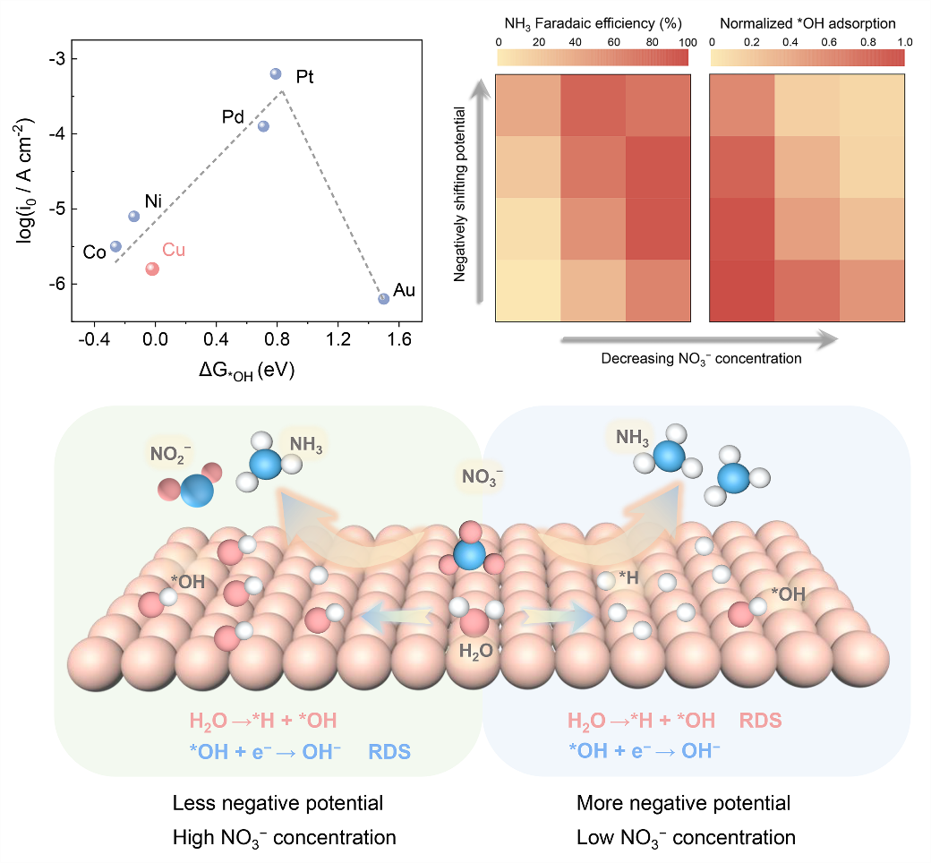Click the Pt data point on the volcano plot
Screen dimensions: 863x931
tap(276, 73)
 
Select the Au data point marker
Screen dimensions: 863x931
tap(383, 298)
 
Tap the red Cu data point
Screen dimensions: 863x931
tap(152, 269)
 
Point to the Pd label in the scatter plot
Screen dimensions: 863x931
tap(234, 117)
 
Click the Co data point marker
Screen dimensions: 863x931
tap(115, 246)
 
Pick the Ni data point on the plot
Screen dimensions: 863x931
tap(134, 216)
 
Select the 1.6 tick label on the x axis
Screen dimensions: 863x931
tap(398, 340)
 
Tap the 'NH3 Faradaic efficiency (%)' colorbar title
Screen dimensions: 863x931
tap(592, 24)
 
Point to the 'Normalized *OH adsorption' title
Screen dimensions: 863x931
tap(807, 24)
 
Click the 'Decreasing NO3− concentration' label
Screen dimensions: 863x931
tap(701, 358)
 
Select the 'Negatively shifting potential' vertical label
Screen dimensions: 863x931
tap(460, 194)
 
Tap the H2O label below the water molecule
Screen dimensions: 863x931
tap(476, 651)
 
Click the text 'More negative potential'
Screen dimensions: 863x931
tap(684, 803)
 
